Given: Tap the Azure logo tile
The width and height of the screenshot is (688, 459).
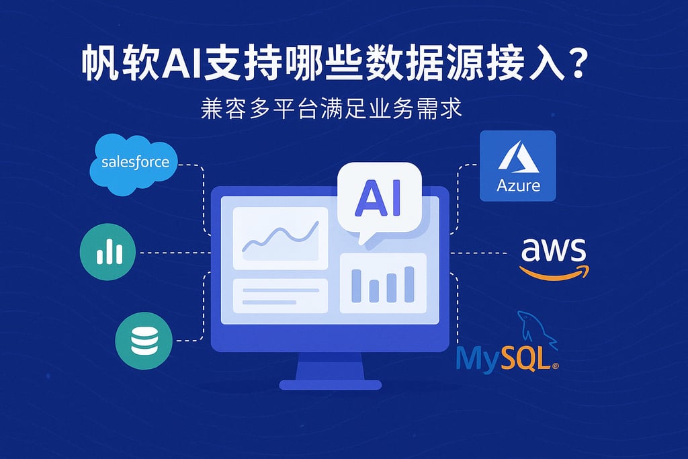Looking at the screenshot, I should pyautogui.click(x=517, y=165).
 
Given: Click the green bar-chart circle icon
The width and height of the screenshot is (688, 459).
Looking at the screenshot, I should pyautogui.click(x=107, y=253).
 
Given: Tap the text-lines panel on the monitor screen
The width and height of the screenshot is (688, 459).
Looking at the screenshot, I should pyautogui.click(x=279, y=296).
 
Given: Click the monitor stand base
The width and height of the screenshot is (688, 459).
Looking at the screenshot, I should pyautogui.click(x=330, y=384).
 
